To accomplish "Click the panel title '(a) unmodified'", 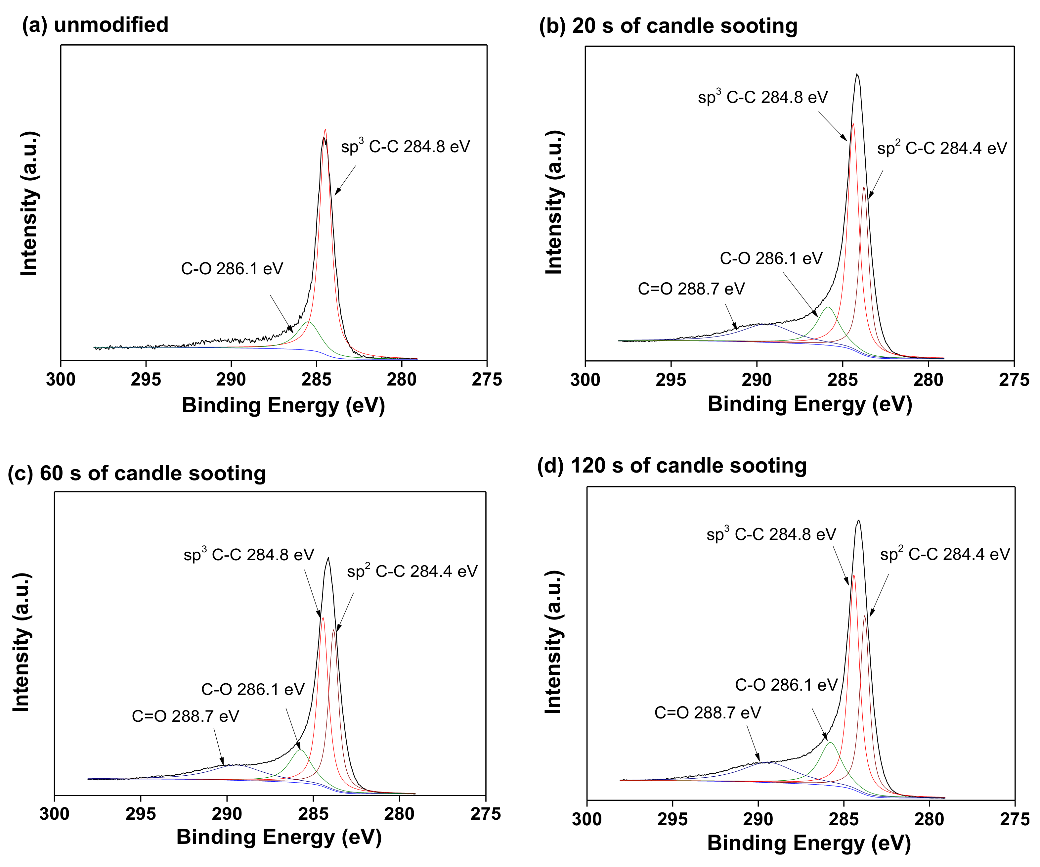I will [95, 25].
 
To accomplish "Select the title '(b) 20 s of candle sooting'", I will [668, 26].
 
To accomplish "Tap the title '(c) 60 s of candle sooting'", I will [137, 473].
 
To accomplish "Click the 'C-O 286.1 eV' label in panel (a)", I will [232, 268].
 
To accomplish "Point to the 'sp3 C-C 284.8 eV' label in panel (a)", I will [405, 147].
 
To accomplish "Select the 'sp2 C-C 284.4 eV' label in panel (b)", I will [942, 148].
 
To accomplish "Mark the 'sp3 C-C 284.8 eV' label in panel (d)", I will [771, 534].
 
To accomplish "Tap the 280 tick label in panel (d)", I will [929, 819].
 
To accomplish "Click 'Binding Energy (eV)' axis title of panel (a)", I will [283, 405].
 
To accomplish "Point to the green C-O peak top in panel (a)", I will [309, 322].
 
